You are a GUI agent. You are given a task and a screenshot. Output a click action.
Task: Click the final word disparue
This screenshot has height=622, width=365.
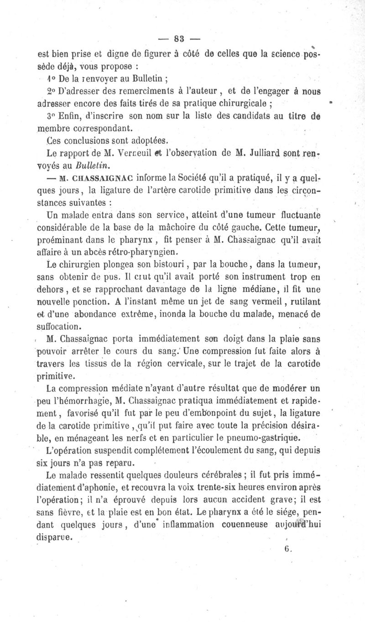(x=54, y=537)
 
